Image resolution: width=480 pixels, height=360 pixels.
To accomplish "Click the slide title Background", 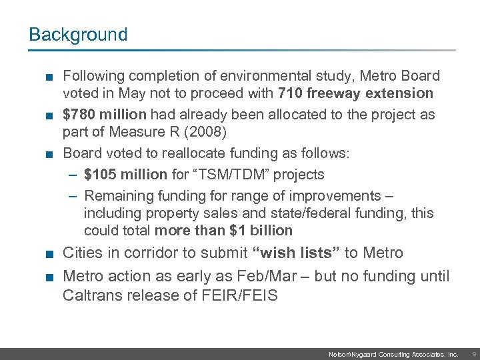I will coord(78,35).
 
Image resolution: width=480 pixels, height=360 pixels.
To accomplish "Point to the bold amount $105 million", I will coord(126,175).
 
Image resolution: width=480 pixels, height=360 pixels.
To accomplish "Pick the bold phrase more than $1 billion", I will coord(223,231).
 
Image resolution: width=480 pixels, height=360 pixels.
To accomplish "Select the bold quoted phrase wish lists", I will coord(297,253).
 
